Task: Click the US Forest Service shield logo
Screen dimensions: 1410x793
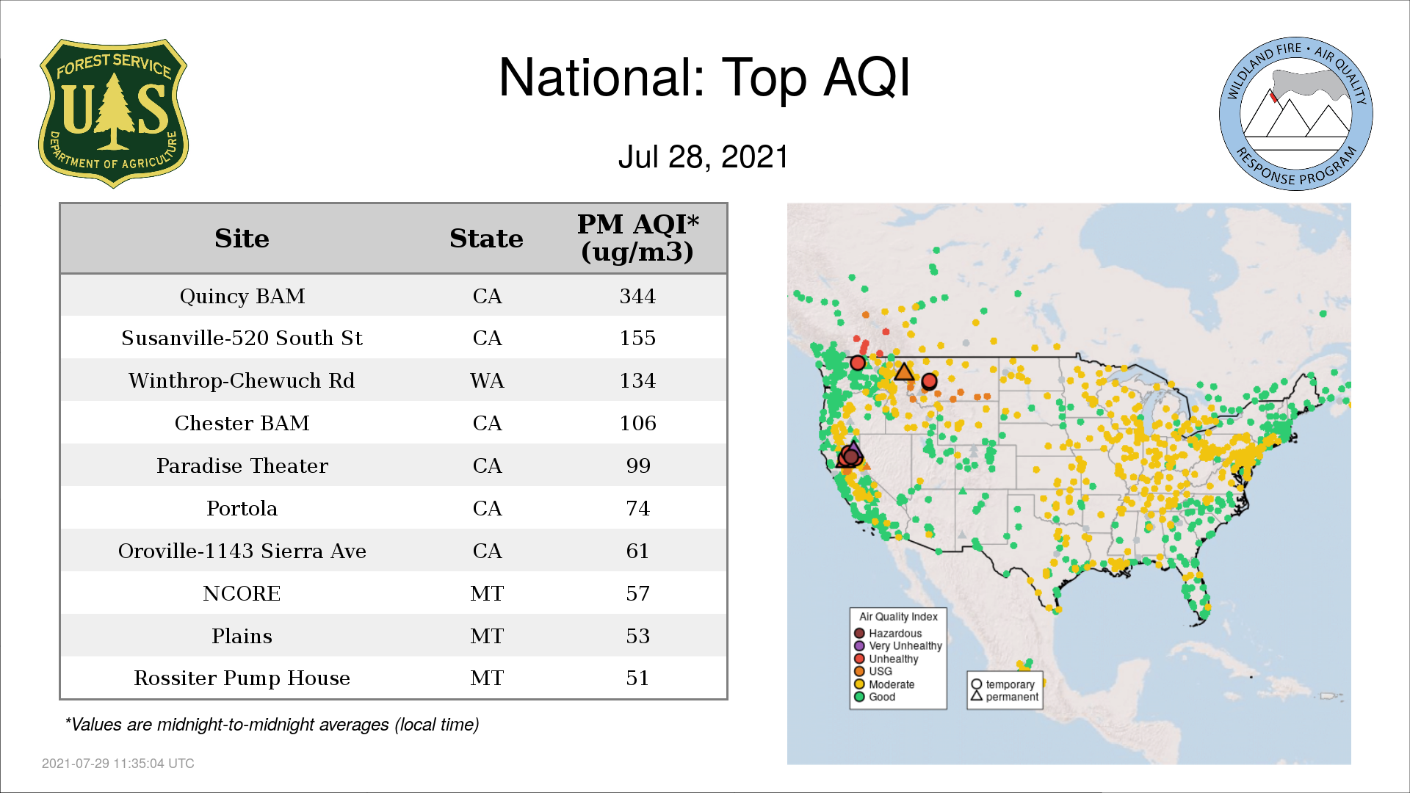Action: (x=113, y=113)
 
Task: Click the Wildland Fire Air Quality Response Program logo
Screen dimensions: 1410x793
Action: (x=1295, y=114)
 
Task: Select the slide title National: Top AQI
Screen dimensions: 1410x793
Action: (x=704, y=77)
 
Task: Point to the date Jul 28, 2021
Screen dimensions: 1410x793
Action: (x=703, y=156)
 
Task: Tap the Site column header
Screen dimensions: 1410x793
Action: (x=242, y=239)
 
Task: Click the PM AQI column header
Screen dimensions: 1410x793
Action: (x=637, y=238)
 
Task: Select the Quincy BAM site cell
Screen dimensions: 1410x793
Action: (x=242, y=296)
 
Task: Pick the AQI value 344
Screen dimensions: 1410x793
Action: (x=637, y=296)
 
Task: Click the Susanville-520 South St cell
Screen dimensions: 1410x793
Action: (x=242, y=338)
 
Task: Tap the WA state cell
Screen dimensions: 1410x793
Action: (x=487, y=380)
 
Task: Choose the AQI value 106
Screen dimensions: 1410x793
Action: (x=637, y=423)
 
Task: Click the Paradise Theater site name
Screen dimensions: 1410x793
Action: (x=242, y=466)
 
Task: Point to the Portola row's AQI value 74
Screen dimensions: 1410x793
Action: (x=637, y=508)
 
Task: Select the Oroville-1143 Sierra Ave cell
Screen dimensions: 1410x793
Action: (x=242, y=551)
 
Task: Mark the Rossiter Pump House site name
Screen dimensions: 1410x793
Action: (x=242, y=678)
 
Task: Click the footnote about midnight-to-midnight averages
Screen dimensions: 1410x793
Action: (x=272, y=725)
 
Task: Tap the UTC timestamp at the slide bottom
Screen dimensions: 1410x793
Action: (x=118, y=764)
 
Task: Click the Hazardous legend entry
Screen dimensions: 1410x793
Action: (x=888, y=633)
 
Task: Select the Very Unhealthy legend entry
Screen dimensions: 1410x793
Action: (x=898, y=646)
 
